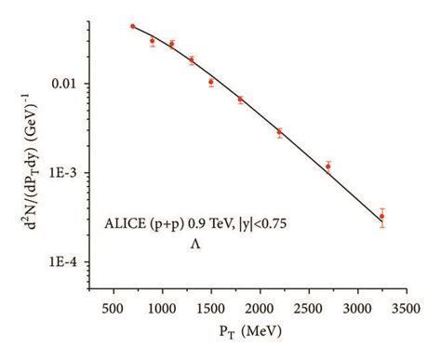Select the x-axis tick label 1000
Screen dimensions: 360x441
(x=162, y=305)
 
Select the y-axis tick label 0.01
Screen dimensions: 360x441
(x=75, y=84)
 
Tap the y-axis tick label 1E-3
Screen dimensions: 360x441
(x=74, y=173)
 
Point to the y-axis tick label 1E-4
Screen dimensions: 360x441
(x=74, y=263)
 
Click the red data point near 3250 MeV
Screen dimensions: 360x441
(x=381, y=217)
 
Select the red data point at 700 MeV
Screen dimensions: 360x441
(x=133, y=27)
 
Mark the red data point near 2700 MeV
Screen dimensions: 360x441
(x=327, y=167)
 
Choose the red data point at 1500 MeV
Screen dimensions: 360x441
(x=211, y=82)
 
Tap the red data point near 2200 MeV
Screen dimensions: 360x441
(x=279, y=132)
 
